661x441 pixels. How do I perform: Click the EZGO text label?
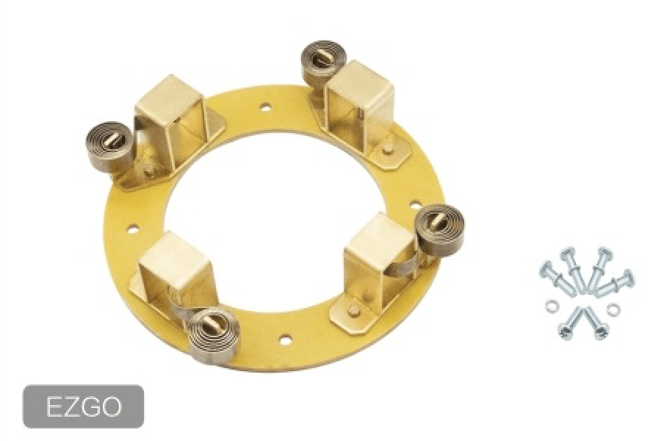click(x=84, y=407)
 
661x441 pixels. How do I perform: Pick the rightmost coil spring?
click(x=440, y=230)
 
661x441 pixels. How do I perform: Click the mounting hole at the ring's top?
click(x=265, y=107)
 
